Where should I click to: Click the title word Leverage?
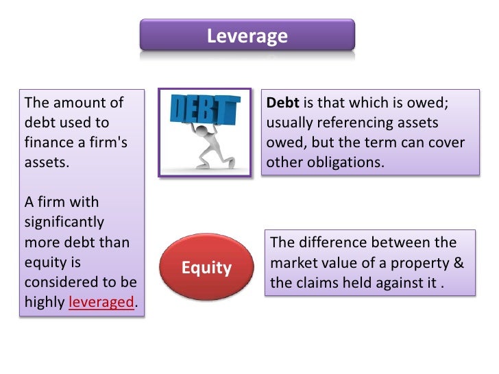[247, 36]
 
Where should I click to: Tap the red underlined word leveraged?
[100, 302]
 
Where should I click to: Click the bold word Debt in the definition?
[282, 103]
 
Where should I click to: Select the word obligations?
[343, 163]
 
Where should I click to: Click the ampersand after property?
[459, 263]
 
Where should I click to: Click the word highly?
[45, 302]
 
